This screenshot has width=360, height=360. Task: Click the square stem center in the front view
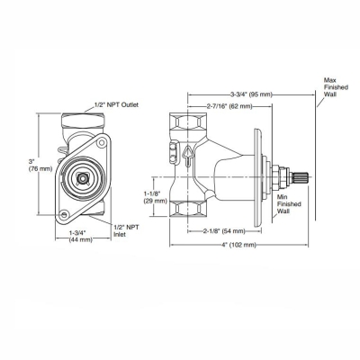point(84,180)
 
